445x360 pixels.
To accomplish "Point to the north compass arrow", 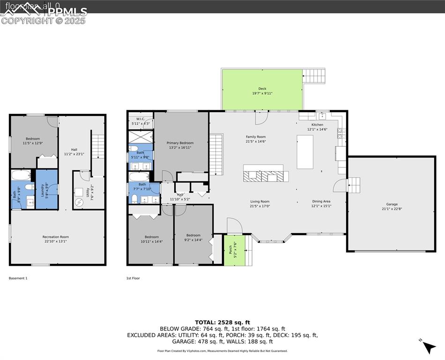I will point(429,347).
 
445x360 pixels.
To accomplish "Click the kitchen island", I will point(305,151).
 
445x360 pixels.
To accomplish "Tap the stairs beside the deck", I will point(314,76).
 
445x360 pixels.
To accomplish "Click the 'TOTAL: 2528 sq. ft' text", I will point(222,322).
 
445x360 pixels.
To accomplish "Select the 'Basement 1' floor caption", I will point(18,278).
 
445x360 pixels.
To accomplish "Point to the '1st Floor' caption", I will point(133,278).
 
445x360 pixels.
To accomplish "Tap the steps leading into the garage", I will point(354,185).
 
